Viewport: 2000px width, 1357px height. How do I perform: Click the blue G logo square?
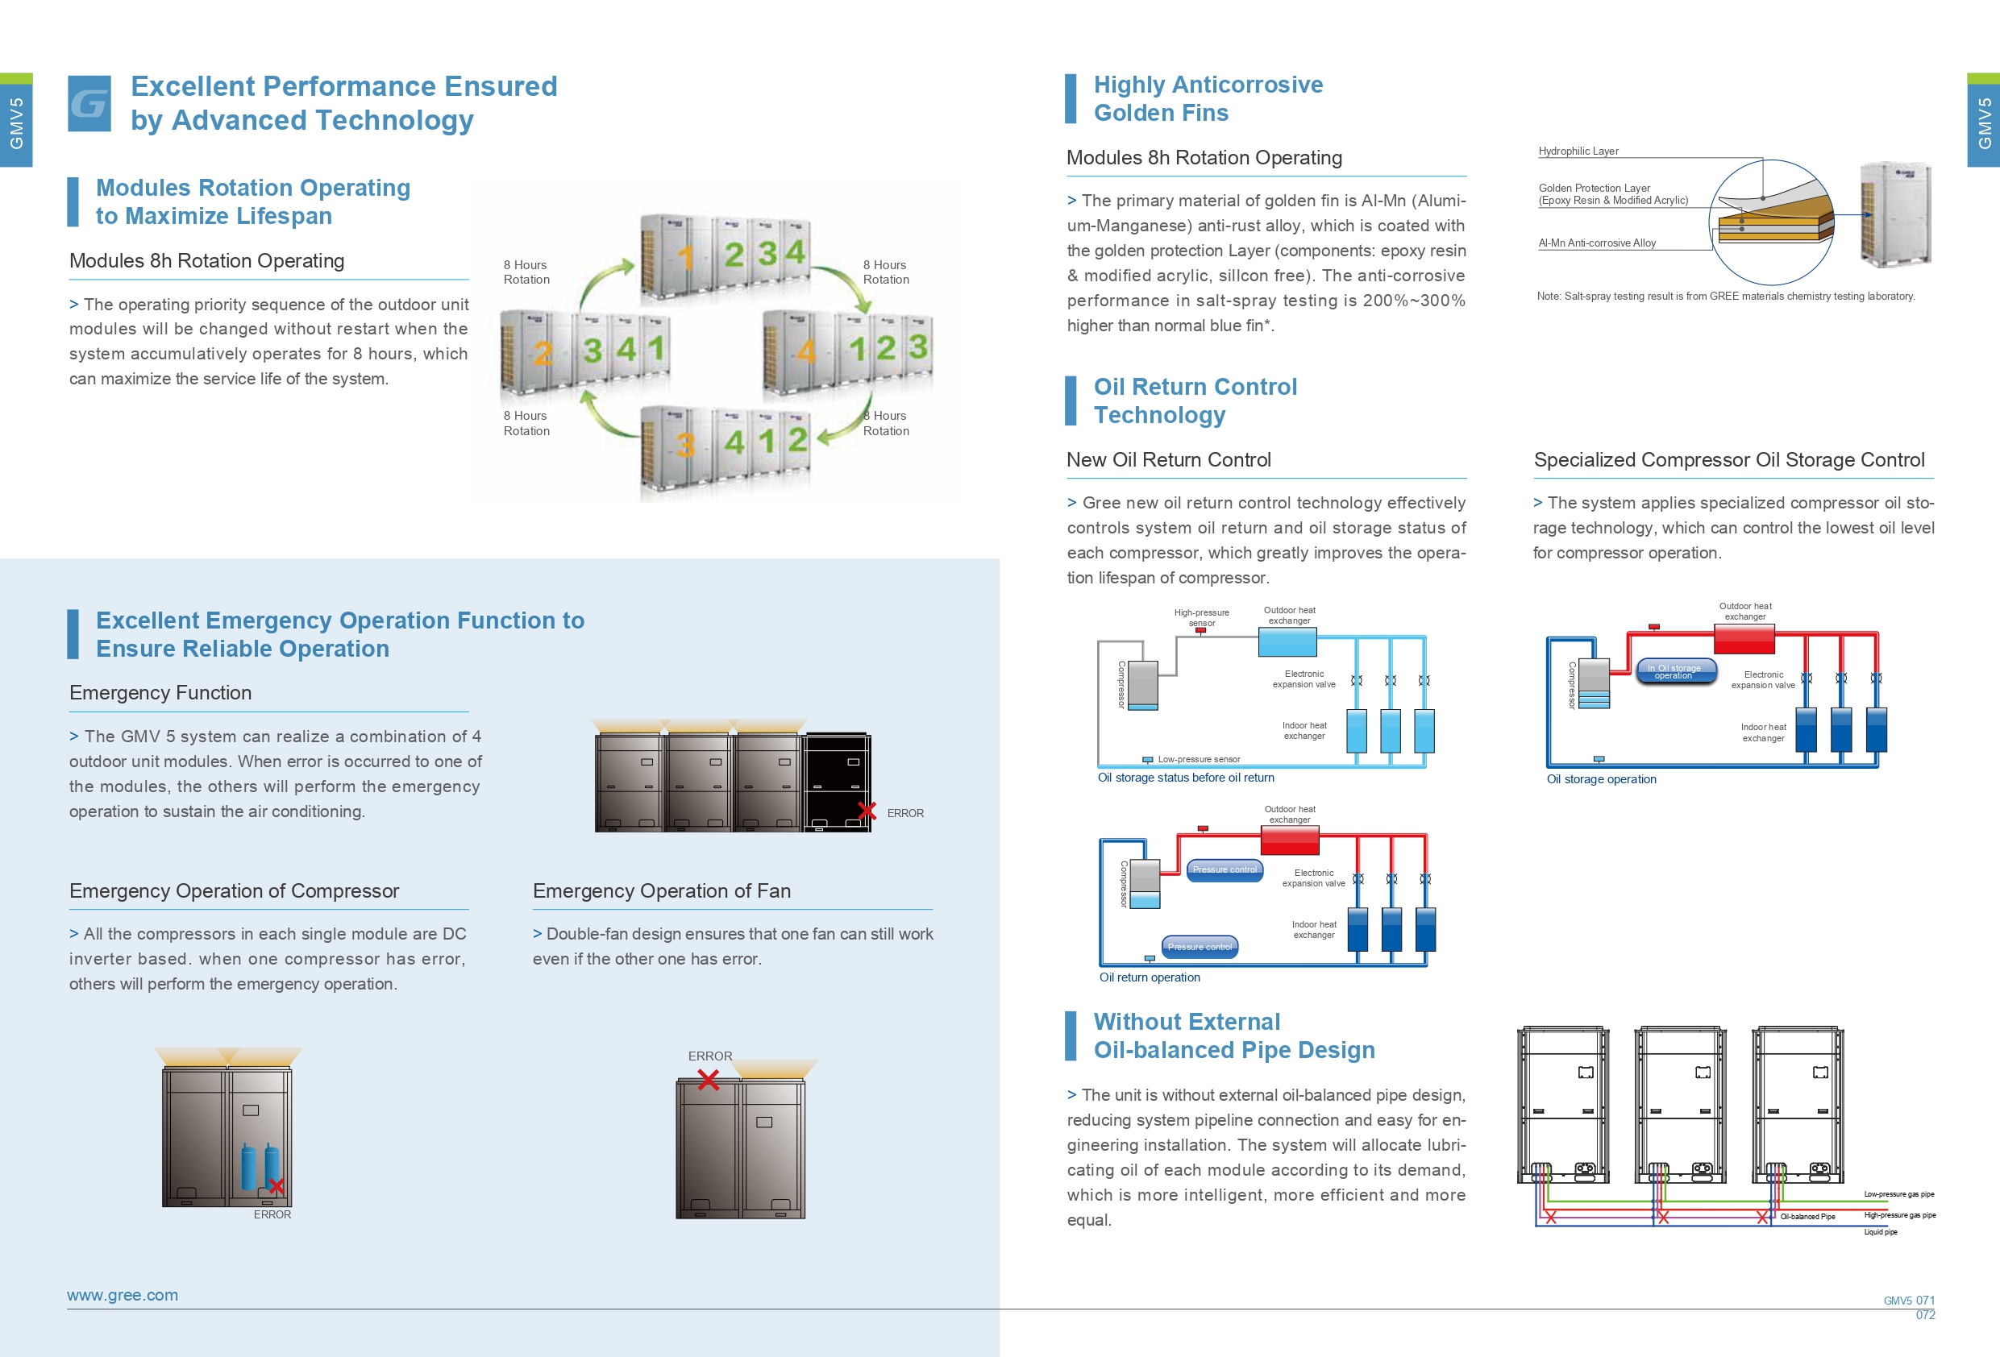coord(89,103)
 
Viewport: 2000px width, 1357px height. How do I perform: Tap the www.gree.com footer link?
coord(123,1295)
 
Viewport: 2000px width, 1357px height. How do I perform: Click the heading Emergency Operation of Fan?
coord(661,890)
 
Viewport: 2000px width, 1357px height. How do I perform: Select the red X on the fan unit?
coord(709,1080)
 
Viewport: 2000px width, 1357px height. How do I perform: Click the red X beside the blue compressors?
coord(277,1187)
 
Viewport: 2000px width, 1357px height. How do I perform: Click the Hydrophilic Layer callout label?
coord(1578,151)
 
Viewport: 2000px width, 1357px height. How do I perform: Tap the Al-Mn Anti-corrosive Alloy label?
coord(1597,243)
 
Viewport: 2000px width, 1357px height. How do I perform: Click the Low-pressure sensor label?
coord(1199,760)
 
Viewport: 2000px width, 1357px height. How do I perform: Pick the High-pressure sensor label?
coord(1201,618)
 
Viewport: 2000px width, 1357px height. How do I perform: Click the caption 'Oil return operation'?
coord(1149,977)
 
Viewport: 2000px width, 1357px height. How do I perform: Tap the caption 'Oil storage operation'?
coord(1601,779)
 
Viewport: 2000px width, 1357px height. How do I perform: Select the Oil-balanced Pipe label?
coord(1807,1217)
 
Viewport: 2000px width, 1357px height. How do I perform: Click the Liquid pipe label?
coord(1881,1232)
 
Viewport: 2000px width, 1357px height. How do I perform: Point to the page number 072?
coord(1925,1315)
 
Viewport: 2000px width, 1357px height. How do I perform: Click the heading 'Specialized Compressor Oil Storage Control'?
coord(1729,459)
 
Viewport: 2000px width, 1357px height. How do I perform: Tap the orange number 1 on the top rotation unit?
coord(685,257)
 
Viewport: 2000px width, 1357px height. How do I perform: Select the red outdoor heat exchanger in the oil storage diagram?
coord(1744,639)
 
